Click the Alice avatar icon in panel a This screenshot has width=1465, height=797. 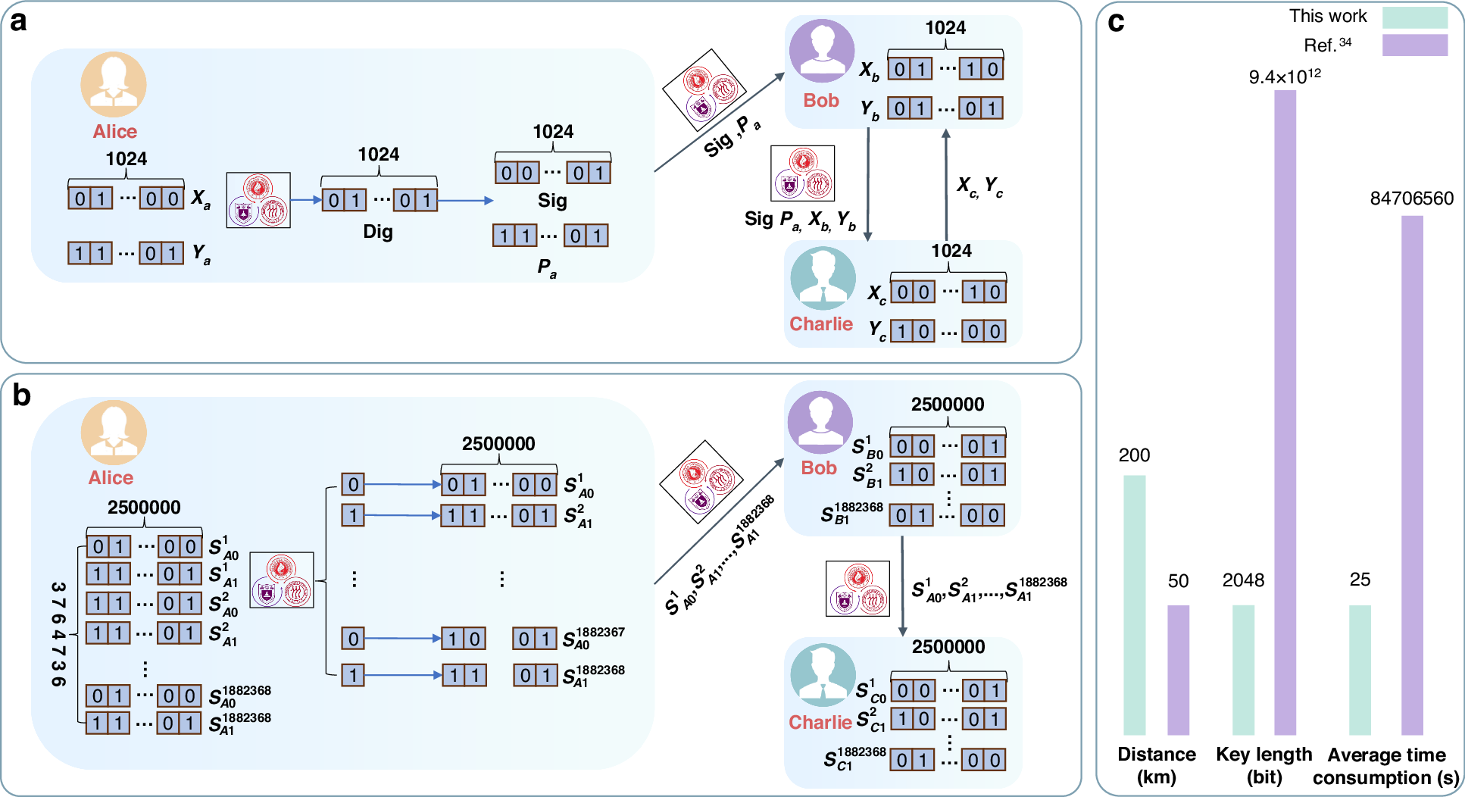pos(114,84)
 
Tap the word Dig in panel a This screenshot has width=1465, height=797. pos(377,231)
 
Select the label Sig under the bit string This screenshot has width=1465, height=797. pos(552,201)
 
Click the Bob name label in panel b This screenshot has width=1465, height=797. pos(819,467)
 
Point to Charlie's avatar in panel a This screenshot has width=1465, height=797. pos(823,278)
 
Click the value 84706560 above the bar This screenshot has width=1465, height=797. pos(1411,198)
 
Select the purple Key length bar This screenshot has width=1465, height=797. pos(1285,412)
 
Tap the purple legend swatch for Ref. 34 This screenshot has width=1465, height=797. pos(1414,45)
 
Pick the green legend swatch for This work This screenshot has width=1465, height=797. pos(1414,17)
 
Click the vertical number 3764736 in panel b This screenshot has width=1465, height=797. pos(58,635)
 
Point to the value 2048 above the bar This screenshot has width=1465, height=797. pos(1243,580)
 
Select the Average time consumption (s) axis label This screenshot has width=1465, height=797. pos(1386,766)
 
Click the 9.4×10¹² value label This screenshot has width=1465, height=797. pos(1285,76)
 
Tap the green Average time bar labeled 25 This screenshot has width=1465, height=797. pos(1360,670)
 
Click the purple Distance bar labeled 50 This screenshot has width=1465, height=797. pos(1178,670)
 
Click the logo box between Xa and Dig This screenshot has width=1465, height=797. pos(258,200)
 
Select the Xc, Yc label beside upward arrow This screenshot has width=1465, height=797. pos(979,186)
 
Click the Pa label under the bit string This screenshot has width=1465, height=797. pos(547,267)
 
